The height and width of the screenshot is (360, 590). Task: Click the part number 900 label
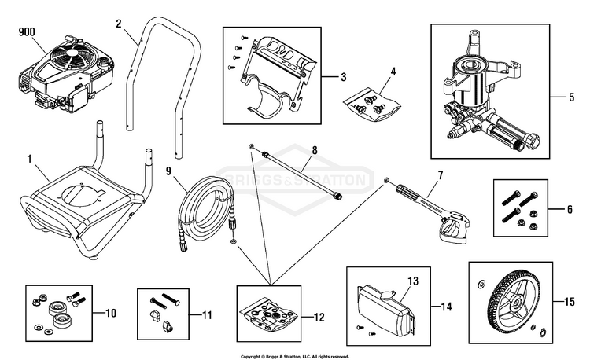click(27, 32)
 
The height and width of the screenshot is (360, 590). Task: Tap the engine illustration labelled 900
click(66, 75)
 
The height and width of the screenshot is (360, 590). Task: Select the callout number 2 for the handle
click(119, 24)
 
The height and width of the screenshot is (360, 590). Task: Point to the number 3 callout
click(343, 77)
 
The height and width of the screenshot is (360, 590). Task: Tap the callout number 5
click(572, 97)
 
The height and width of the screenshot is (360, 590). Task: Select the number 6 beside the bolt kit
click(570, 209)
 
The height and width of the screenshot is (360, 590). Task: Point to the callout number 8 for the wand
click(315, 150)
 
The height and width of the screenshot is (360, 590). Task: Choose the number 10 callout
click(111, 313)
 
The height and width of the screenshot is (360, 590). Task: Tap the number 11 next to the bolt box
click(207, 315)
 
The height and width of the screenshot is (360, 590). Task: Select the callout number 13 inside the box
click(413, 281)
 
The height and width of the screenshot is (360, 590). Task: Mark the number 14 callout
click(446, 307)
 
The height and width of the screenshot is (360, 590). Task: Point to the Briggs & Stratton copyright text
click(295, 357)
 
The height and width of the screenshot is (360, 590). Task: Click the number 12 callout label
click(319, 317)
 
